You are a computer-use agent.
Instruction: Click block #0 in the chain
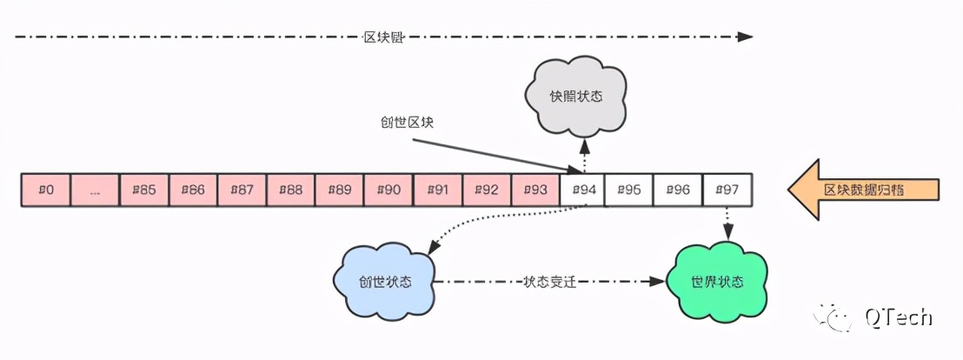click(x=46, y=190)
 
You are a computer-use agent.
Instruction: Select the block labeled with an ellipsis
click(x=95, y=190)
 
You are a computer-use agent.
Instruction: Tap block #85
click(x=143, y=190)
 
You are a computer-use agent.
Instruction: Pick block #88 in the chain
click(x=290, y=190)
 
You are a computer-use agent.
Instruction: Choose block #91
click(x=437, y=190)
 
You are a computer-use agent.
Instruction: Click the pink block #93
click(x=535, y=190)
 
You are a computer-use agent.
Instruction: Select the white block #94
click(x=583, y=190)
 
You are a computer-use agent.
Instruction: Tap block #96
click(x=677, y=190)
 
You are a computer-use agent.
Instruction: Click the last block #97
click(x=727, y=190)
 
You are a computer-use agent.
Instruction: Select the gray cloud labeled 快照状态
click(x=576, y=95)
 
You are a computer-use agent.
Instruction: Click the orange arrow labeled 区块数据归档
click(x=864, y=189)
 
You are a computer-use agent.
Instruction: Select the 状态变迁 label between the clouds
click(x=551, y=282)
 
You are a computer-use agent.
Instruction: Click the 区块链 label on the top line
click(x=381, y=37)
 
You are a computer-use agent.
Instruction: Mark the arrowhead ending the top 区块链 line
click(x=744, y=37)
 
